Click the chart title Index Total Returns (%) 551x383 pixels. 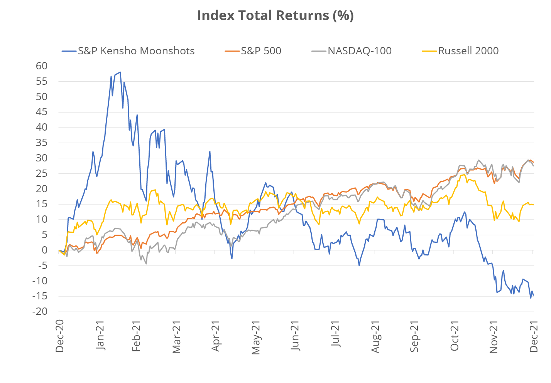(275, 16)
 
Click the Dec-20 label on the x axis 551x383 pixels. (59, 336)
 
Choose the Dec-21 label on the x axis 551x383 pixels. (534, 336)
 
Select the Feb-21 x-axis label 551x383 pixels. (137, 336)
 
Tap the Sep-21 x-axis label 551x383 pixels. (415, 336)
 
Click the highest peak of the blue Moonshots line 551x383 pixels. (120, 72)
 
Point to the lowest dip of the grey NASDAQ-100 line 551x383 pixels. (146, 264)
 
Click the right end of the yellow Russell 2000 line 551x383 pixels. (534, 205)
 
